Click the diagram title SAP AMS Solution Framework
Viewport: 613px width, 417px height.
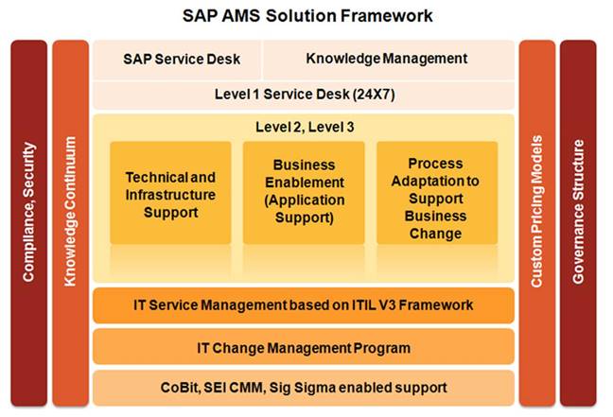pos(307,16)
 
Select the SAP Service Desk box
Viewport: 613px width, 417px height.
pos(177,60)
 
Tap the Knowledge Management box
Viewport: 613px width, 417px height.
pos(389,60)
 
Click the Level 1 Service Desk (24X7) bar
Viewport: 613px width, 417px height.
pos(304,95)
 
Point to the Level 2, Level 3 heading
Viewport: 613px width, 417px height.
pos(305,127)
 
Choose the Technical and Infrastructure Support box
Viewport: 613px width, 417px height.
pos(170,193)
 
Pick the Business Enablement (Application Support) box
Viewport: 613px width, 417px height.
pos(304,193)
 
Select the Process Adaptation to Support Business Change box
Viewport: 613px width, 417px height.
pos(437,193)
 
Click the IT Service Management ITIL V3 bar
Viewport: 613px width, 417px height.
pos(304,305)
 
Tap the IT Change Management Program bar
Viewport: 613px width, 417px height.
pos(304,347)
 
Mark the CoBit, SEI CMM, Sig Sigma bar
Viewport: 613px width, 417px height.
pos(304,388)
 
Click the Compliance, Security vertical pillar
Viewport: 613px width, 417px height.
pos(29,223)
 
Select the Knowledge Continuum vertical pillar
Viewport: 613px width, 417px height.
pos(70,223)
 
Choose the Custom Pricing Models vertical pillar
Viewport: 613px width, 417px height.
pos(537,223)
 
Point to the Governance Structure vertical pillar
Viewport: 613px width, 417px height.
pos(578,223)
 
